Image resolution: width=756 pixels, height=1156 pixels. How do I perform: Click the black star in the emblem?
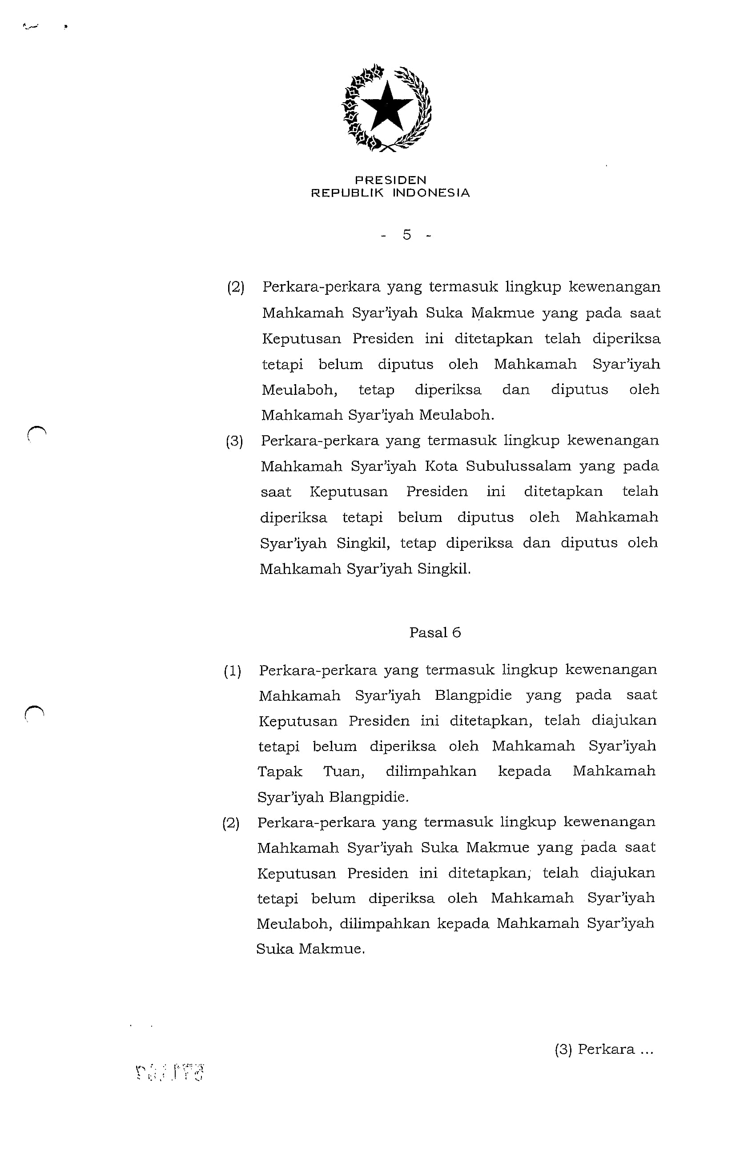(387, 106)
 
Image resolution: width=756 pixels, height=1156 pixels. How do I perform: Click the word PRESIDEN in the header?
(390, 180)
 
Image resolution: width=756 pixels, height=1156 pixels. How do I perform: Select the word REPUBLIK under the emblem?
(347, 193)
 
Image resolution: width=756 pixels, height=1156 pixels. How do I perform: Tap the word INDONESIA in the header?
(431, 193)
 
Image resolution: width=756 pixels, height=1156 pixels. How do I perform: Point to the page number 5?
(406, 235)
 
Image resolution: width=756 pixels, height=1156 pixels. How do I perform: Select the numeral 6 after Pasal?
(456, 632)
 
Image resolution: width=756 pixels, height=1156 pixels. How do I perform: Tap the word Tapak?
(280, 772)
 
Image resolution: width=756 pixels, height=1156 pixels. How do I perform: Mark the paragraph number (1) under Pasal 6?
(232, 671)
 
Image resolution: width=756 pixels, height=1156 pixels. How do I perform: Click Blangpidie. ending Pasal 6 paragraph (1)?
(369, 797)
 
